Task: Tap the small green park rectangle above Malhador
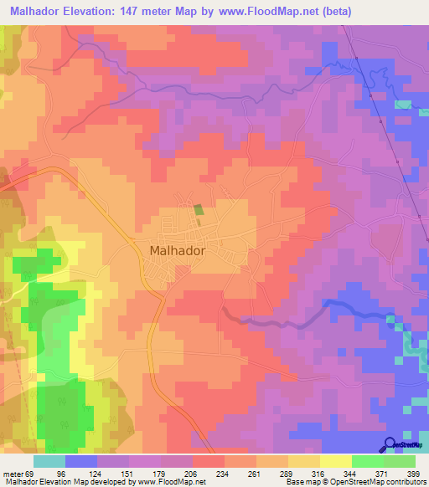pos(199,210)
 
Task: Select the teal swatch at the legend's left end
pos(49,461)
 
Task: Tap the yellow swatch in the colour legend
pos(336,461)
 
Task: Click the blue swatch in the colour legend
pos(81,461)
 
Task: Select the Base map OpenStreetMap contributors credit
pos(354,483)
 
